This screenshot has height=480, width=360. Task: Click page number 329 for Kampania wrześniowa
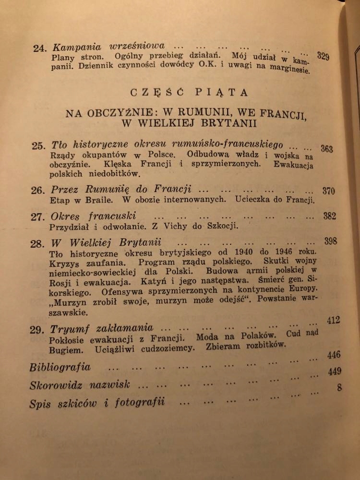pyautogui.click(x=323, y=57)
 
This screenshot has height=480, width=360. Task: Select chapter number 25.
pyautogui.click(x=38, y=146)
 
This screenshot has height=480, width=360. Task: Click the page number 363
pyautogui.click(x=326, y=149)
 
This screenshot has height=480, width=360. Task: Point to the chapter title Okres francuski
pyautogui.click(x=94, y=216)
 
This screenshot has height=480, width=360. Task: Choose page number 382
pyautogui.click(x=329, y=216)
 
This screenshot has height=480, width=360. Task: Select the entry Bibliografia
pyautogui.click(x=60, y=368)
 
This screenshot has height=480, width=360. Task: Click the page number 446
pyautogui.click(x=334, y=355)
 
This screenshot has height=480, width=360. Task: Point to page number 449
pyautogui.click(x=334, y=372)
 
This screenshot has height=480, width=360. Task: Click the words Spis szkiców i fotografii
pyautogui.click(x=97, y=403)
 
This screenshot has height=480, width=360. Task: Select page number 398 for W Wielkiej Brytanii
pyautogui.click(x=331, y=241)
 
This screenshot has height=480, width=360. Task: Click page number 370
pyautogui.click(x=328, y=191)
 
